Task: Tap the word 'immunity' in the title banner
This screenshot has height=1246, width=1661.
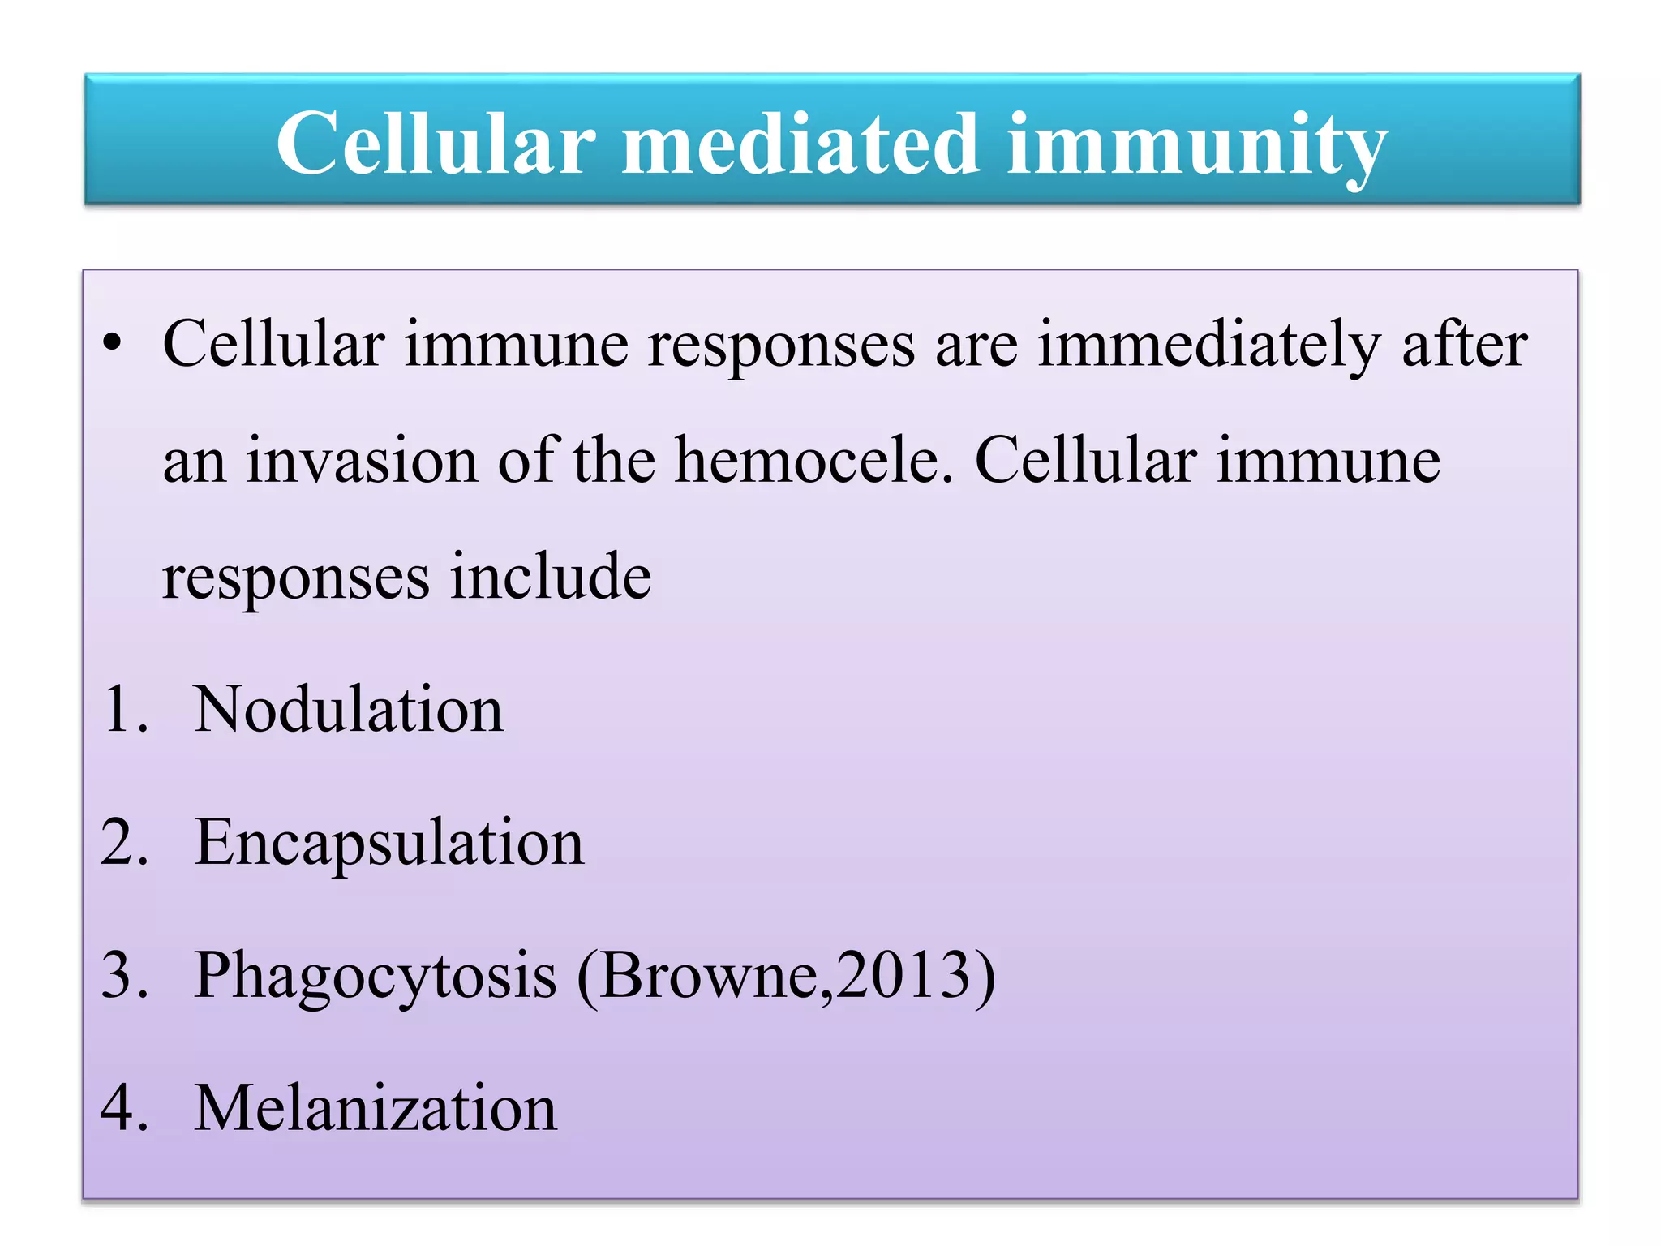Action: coord(1196,146)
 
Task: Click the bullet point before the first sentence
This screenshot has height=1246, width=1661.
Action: coord(113,344)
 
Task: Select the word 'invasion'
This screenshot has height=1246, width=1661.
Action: coord(362,461)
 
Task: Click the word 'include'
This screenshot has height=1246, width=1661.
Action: coord(551,577)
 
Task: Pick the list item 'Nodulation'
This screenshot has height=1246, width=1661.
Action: coord(349,710)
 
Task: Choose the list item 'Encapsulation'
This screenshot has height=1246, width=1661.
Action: coord(389,844)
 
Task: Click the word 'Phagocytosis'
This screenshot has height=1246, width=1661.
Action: coord(375,976)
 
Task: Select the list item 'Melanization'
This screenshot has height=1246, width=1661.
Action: coord(376,1108)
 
